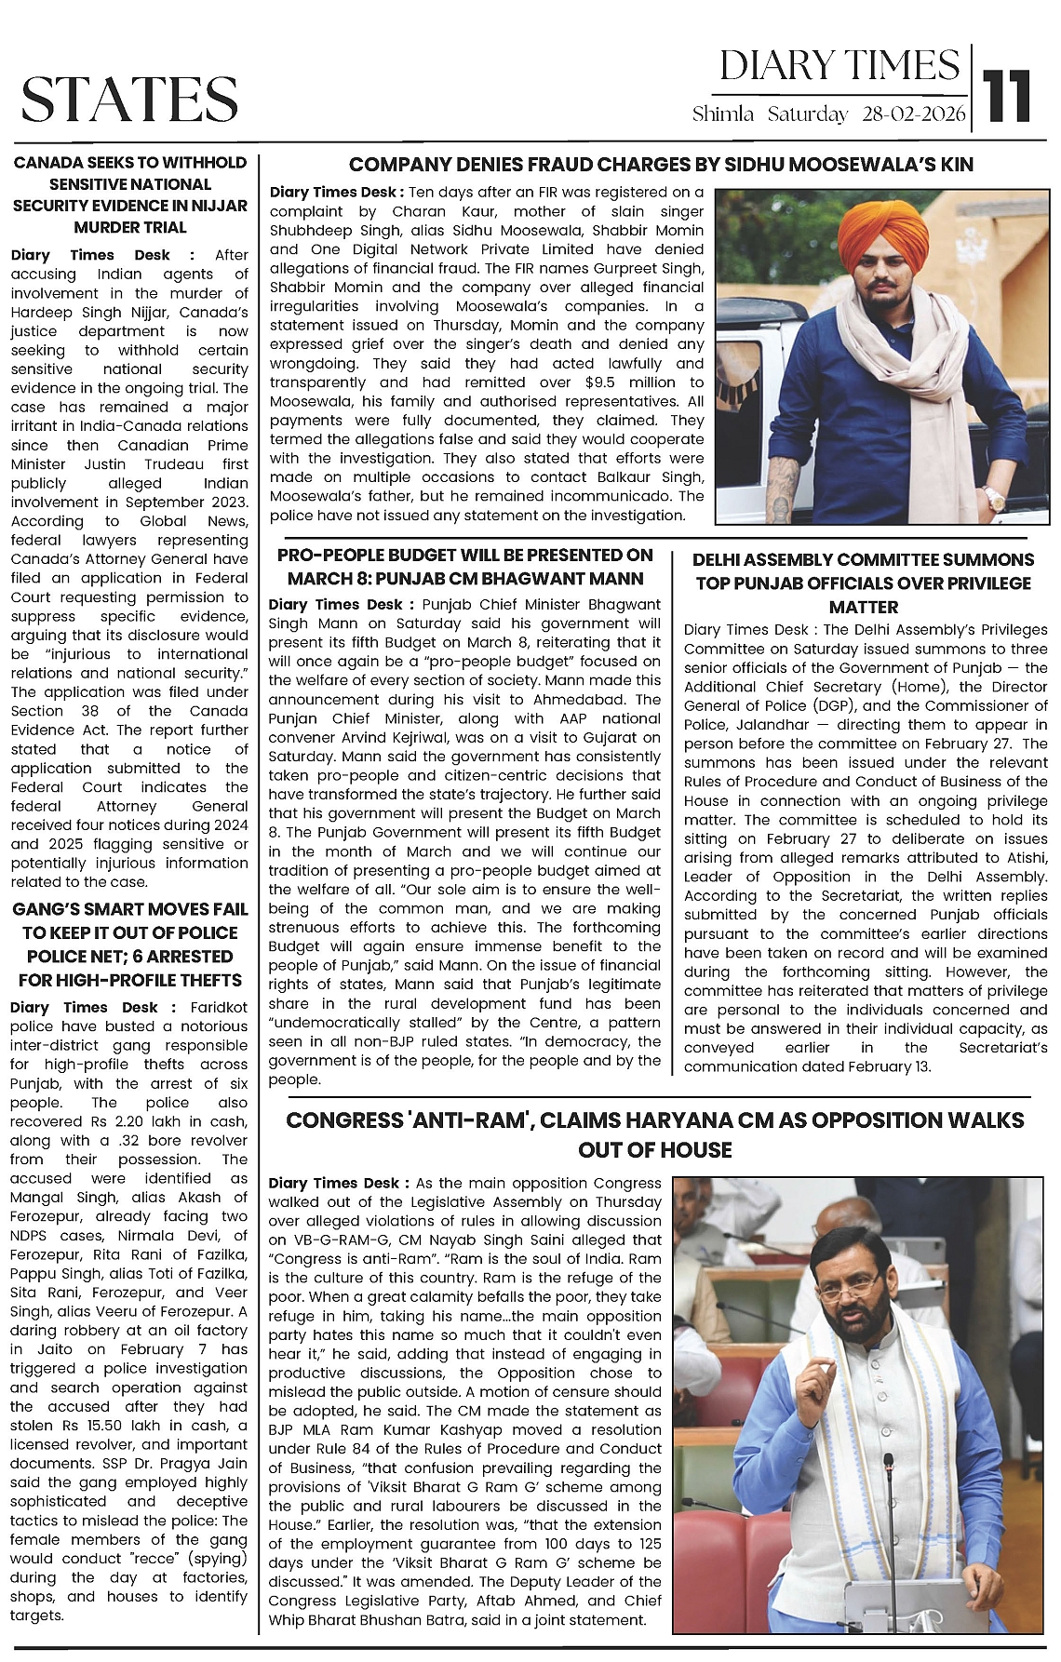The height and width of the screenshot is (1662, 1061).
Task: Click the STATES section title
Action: pyautogui.click(x=129, y=100)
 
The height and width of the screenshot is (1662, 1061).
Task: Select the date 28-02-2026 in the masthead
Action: pyautogui.click(x=914, y=114)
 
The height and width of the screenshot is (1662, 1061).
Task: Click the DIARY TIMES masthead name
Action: pyautogui.click(x=839, y=66)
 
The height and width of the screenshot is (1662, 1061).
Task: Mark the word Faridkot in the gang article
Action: pyautogui.click(x=219, y=1007)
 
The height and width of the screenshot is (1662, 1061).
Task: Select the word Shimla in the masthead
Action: pyautogui.click(x=723, y=114)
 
